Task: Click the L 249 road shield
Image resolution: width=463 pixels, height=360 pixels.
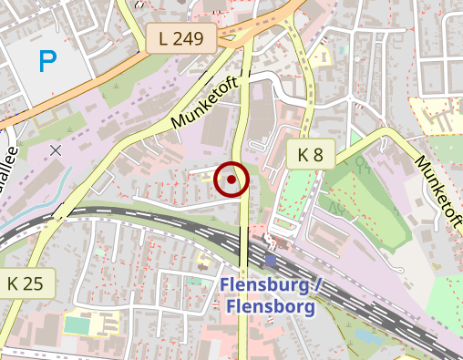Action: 180,38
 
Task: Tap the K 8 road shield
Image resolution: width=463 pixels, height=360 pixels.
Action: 311,155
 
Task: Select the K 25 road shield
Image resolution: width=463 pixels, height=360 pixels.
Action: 26,283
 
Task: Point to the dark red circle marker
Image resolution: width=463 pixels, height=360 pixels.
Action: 231,180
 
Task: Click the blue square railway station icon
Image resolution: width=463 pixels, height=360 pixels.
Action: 271,260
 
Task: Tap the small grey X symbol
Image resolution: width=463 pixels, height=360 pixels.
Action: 57,149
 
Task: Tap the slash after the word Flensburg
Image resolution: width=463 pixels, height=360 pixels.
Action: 318,285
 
